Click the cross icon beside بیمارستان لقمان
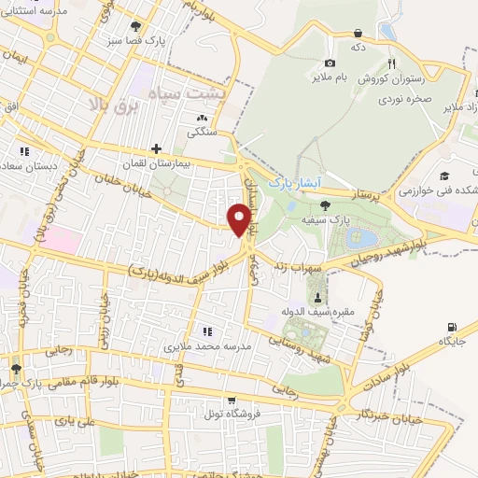156,148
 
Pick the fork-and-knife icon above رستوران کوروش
392,63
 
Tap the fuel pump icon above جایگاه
453,327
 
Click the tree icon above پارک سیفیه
325,205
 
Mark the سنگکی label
203,133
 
